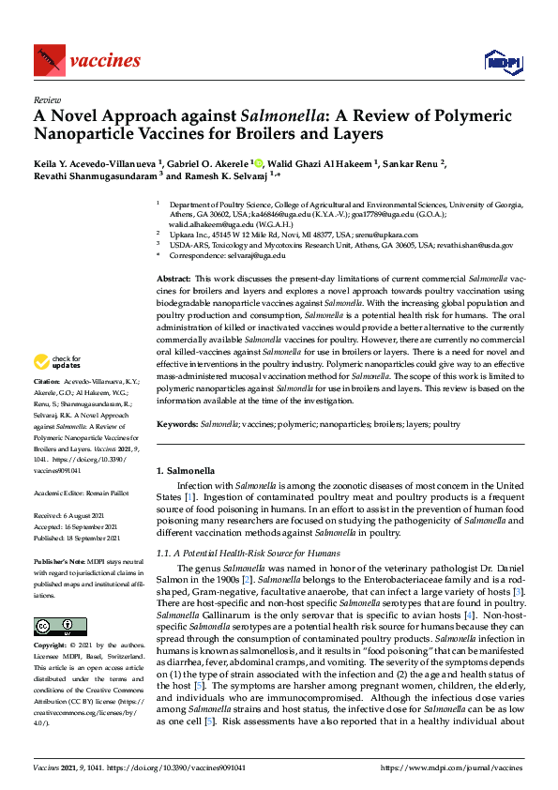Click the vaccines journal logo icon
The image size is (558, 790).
click(x=47, y=60)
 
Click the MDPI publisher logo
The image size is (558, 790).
click(x=502, y=62)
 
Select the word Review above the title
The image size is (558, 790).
click(x=47, y=99)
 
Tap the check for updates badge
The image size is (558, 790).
click(x=56, y=361)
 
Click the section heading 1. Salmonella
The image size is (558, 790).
click(x=188, y=468)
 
